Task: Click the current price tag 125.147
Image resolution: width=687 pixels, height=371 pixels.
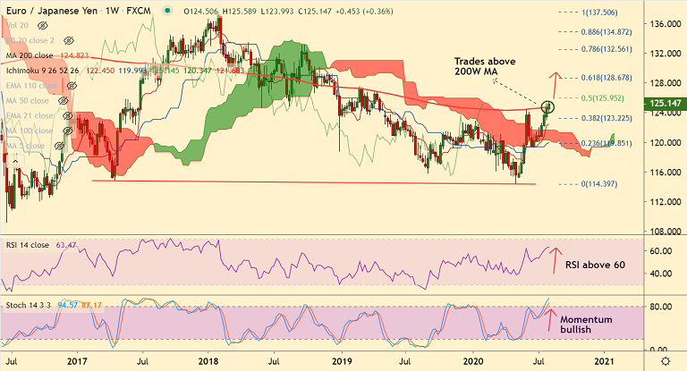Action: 663,104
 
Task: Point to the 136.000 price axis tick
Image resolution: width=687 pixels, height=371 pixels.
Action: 663,24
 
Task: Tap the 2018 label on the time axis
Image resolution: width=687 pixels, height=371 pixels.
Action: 208,361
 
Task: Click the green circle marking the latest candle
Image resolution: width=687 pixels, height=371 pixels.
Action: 548,107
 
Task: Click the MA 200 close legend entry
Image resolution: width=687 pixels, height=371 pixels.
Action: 32,55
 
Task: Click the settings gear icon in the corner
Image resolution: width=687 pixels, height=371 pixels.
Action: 663,360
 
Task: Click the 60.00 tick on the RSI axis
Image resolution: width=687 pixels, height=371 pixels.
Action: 660,251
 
